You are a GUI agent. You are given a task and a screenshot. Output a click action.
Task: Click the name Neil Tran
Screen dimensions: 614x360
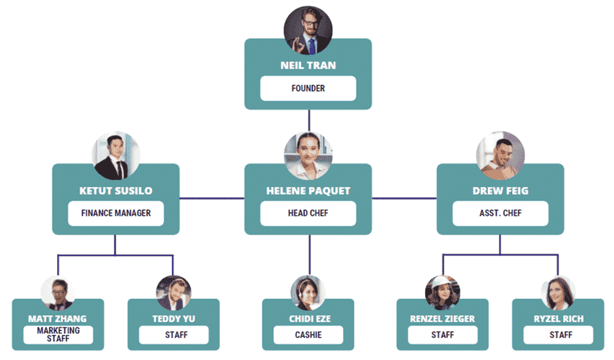point(308,65)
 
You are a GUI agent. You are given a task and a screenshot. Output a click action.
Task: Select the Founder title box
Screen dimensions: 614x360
point(308,89)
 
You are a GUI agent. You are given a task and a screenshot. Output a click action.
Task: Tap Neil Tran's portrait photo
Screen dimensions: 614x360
point(308,30)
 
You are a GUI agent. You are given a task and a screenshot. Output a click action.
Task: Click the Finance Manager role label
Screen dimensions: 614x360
point(116,213)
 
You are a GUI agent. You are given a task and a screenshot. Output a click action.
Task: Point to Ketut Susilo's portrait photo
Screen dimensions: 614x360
point(116,155)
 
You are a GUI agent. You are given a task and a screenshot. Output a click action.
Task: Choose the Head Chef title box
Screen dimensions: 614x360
point(308,213)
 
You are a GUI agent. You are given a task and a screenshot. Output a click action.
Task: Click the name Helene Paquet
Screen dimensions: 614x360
point(308,191)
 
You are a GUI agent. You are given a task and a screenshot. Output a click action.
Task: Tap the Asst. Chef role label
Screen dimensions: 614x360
point(501,213)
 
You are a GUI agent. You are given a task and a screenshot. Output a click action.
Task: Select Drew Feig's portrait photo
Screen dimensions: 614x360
point(501,155)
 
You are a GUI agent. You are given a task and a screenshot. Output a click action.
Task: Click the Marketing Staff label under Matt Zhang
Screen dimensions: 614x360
point(58,335)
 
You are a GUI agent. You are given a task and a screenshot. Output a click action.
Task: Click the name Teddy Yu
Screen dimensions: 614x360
point(174,319)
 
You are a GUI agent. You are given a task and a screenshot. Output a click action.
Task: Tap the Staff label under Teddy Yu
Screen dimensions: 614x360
point(174,335)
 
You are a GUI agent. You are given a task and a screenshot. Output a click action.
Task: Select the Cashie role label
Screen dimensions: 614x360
point(308,335)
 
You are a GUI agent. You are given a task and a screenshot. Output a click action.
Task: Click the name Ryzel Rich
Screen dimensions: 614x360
point(559,319)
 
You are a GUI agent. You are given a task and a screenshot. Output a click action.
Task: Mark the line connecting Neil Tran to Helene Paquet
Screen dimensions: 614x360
point(309,120)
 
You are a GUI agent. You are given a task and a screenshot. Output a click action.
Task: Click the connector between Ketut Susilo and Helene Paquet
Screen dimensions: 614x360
point(212,198)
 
